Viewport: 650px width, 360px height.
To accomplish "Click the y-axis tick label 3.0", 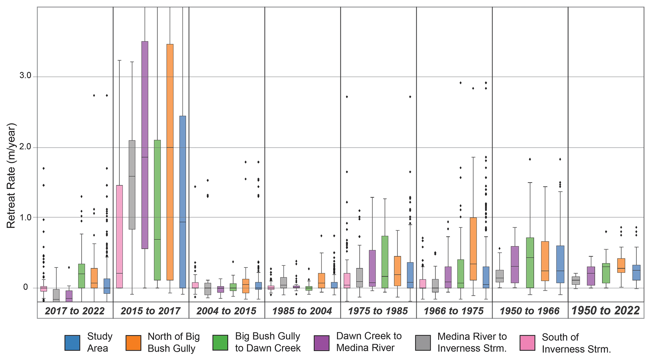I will coord(25,76).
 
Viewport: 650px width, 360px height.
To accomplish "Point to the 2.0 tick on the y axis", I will coord(25,147).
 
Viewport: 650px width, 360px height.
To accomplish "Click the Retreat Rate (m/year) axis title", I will coord(11,176).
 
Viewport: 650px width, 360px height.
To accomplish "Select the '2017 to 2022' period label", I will coord(75,311).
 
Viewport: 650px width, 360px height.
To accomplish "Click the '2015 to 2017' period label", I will coord(150,311).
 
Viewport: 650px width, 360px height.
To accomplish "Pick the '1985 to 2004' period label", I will coord(302,311).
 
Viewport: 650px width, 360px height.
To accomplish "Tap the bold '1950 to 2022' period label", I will coord(605,311).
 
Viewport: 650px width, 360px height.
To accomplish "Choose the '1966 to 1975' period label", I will coord(453,311).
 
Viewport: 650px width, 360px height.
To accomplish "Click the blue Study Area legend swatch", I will coord(72,343).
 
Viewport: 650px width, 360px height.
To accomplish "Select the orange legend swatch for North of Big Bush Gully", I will coord(133,343).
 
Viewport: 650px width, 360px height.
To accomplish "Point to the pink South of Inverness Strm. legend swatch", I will coord(527,343).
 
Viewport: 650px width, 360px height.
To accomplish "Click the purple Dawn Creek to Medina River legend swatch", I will coord(322,343).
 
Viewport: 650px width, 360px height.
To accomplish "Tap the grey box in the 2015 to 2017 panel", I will coord(132,185).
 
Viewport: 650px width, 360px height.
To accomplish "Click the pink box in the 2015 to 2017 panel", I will coord(119,236).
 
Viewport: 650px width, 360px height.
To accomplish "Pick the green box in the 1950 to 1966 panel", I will coord(530,262).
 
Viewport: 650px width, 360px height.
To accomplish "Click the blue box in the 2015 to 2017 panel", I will coord(183,202).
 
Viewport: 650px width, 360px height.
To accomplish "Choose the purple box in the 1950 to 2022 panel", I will coord(591,276).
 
